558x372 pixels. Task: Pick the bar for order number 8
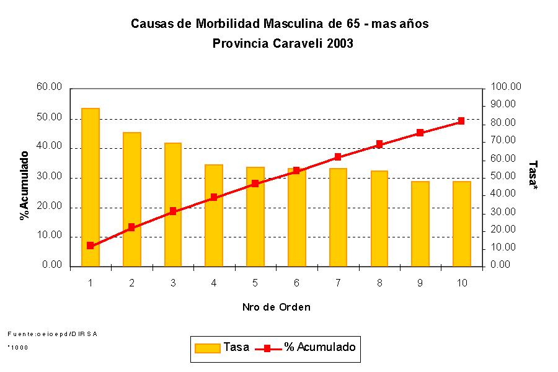click(x=379, y=218)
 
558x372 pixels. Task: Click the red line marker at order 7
click(x=338, y=157)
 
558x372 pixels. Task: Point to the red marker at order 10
click(x=461, y=121)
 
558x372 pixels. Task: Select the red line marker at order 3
click(x=173, y=211)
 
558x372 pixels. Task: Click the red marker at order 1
click(x=91, y=246)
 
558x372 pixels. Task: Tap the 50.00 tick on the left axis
click(x=50, y=118)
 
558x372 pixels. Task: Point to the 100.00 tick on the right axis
click(x=506, y=87)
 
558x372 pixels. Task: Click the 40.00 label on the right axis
click(x=504, y=194)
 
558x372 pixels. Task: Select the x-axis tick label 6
click(x=296, y=283)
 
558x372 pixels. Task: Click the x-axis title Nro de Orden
click(x=276, y=307)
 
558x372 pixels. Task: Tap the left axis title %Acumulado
click(x=25, y=185)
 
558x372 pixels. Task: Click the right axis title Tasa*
click(x=532, y=175)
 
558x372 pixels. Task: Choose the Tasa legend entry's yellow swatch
click(x=208, y=348)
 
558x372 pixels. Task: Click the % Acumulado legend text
click(x=320, y=347)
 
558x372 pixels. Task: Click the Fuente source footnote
click(x=53, y=334)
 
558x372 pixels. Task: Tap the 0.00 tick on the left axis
click(x=52, y=265)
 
